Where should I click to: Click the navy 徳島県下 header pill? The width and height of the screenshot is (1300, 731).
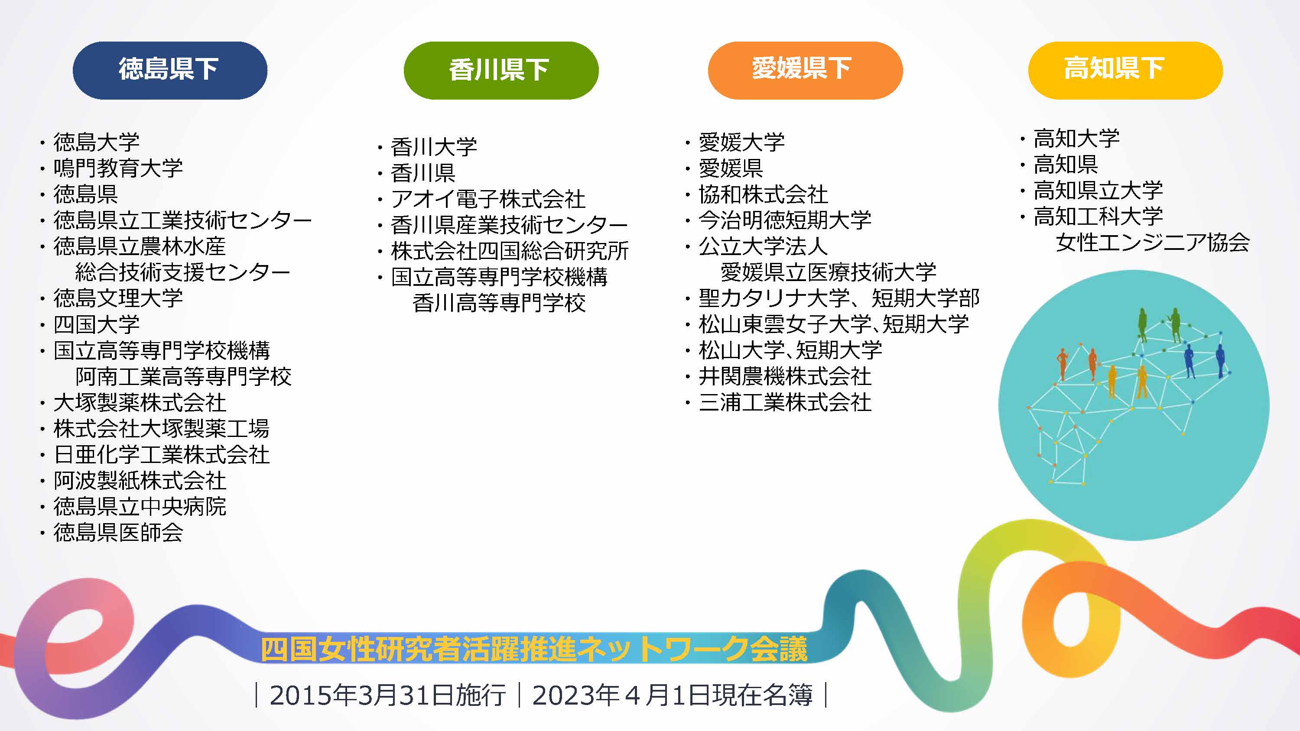(x=170, y=70)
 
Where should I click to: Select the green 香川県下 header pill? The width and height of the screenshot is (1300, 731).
(x=501, y=70)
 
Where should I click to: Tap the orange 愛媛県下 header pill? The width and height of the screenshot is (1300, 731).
(x=806, y=70)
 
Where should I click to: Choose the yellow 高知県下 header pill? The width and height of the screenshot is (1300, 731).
(x=1125, y=70)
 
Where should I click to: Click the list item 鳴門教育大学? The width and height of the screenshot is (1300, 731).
(x=118, y=168)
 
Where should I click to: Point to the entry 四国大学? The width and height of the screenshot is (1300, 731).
(x=96, y=324)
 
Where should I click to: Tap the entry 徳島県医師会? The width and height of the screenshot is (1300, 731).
(x=118, y=533)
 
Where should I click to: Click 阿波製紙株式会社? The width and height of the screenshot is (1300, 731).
(x=140, y=481)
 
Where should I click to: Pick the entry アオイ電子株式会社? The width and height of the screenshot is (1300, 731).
(x=488, y=199)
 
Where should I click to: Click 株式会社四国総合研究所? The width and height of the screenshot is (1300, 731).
(x=510, y=251)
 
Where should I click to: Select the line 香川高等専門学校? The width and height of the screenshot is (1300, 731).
(x=499, y=303)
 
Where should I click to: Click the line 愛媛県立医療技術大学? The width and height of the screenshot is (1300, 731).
(x=829, y=272)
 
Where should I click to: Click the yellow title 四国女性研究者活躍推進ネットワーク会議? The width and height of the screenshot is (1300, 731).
(x=534, y=649)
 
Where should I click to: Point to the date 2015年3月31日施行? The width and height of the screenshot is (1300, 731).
(x=387, y=695)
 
